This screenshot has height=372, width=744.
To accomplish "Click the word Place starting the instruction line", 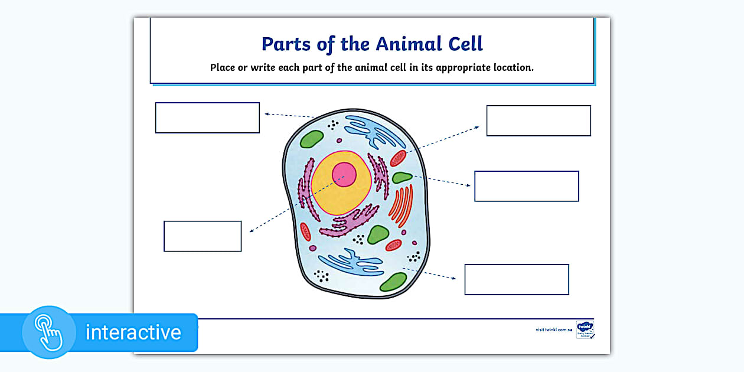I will [222, 67].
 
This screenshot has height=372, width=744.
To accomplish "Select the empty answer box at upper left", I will [207, 118].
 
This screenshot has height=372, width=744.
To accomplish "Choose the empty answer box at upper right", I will [539, 120].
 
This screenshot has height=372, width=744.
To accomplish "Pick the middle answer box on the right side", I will [527, 186].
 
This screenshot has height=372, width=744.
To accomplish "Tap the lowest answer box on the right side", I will [517, 279].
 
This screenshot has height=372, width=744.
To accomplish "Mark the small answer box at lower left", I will [203, 236].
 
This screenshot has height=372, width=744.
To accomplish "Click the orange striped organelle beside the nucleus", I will [401, 207].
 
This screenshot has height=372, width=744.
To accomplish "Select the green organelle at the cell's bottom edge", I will [393, 282].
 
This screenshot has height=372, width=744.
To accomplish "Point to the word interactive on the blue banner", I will [133, 332].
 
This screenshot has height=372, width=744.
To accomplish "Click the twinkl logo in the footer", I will [585, 328].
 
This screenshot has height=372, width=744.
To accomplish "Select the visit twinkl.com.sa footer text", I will [554, 329].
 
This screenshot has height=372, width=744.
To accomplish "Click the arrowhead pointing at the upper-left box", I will [267, 113].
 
